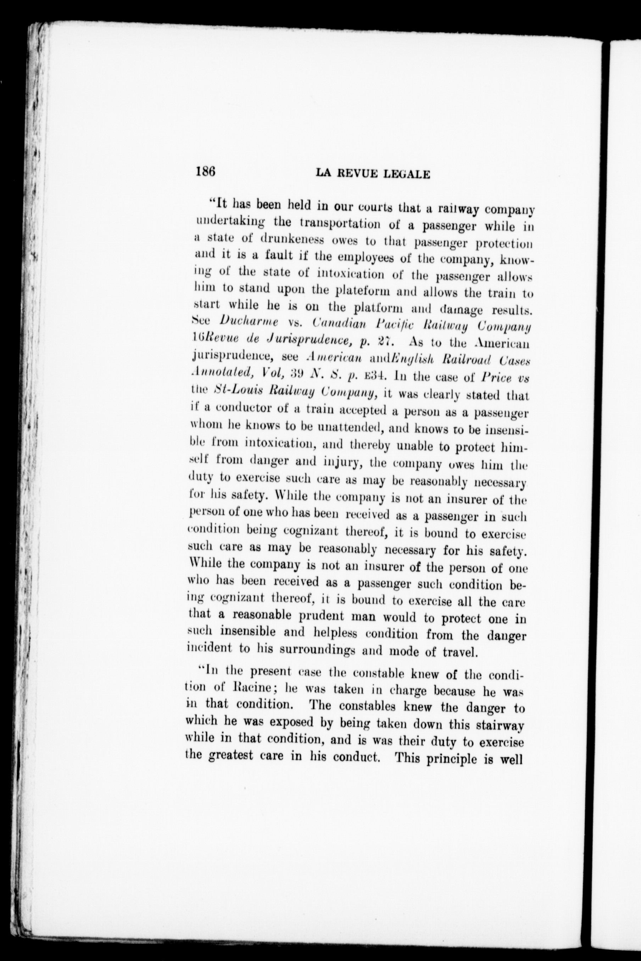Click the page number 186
click(x=205, y=171)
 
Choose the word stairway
click(x=500, y=725)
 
